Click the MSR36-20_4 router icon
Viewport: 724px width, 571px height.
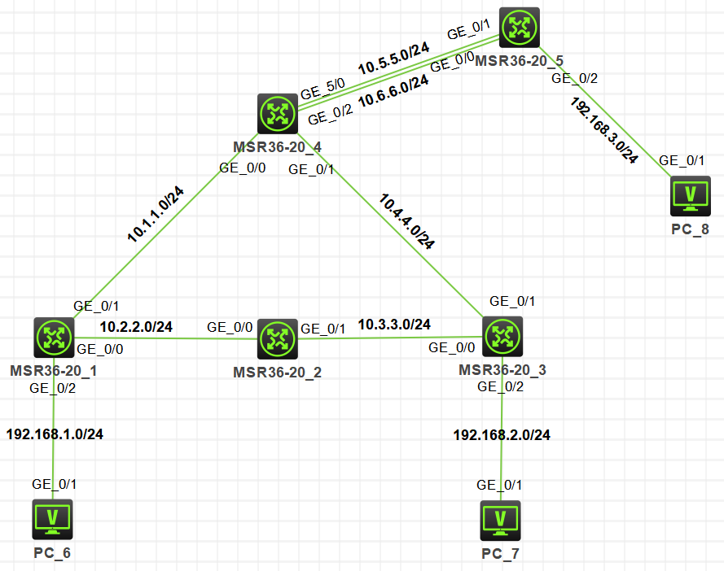tap(278, 114)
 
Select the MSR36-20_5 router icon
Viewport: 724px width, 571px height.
tap(519, 28)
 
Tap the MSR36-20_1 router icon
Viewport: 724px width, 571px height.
tap(55, 337)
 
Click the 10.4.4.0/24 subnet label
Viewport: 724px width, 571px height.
tap(406, 220)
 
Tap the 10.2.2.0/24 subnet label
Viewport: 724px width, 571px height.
tap(137, 327)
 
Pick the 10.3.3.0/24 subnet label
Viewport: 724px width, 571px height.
tap(395, 324)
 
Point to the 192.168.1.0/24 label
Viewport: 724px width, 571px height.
tap(55, 434)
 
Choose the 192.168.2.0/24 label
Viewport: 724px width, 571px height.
tap(502, 435)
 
